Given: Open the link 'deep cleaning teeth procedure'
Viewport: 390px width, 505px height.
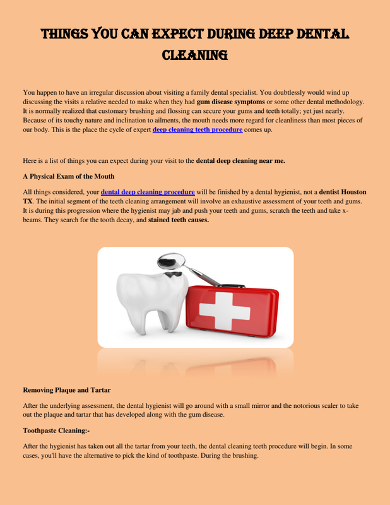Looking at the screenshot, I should (198, 129).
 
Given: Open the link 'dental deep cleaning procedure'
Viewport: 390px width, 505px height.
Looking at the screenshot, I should (148, 191).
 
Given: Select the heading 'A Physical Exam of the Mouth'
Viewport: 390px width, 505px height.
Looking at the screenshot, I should (69, 175).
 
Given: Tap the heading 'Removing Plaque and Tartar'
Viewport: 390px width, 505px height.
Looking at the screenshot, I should (66, 389).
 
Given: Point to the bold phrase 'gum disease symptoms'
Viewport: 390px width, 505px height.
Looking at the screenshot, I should (230, 101).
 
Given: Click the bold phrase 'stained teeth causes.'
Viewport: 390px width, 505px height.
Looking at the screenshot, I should (179, 220).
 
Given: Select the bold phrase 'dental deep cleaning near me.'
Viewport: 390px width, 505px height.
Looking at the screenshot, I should (240, 160).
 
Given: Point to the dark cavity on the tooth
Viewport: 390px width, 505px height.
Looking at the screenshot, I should (172, 276).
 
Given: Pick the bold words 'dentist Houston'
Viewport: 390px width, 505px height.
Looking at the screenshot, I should (343, 191).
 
